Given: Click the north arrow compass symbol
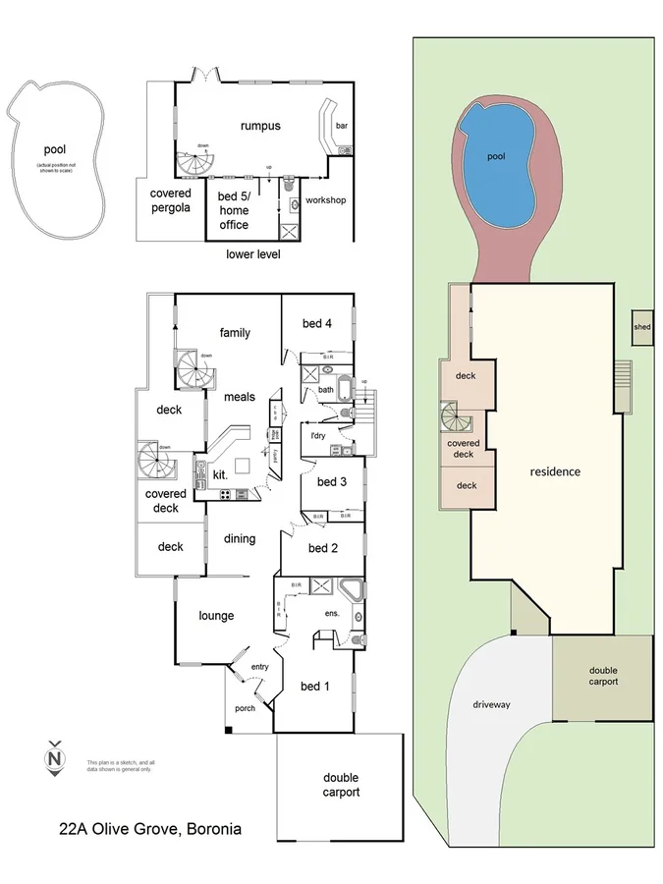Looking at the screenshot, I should (56, 758).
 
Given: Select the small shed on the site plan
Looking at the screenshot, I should (641, 327).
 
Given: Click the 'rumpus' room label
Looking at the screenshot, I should (260, 126).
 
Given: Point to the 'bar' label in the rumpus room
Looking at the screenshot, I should (342, 126).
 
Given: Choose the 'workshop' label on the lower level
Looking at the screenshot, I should (325, 200).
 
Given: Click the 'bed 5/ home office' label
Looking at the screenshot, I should (233, 210).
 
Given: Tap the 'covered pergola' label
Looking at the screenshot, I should (170, 200).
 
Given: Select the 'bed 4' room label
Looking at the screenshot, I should (316, 323).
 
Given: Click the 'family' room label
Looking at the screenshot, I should (235, 333).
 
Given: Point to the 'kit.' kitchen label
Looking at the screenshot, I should (220, 475).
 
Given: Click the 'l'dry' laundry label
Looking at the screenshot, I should (317, 435).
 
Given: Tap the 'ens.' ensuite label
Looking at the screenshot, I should (332, 613).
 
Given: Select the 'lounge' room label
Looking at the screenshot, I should (215, 616).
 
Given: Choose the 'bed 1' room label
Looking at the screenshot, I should (311, 686).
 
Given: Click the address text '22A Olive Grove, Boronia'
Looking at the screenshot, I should (150, 830).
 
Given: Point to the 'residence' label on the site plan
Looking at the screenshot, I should (555, 471).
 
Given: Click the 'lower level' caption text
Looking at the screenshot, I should (253, 254).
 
